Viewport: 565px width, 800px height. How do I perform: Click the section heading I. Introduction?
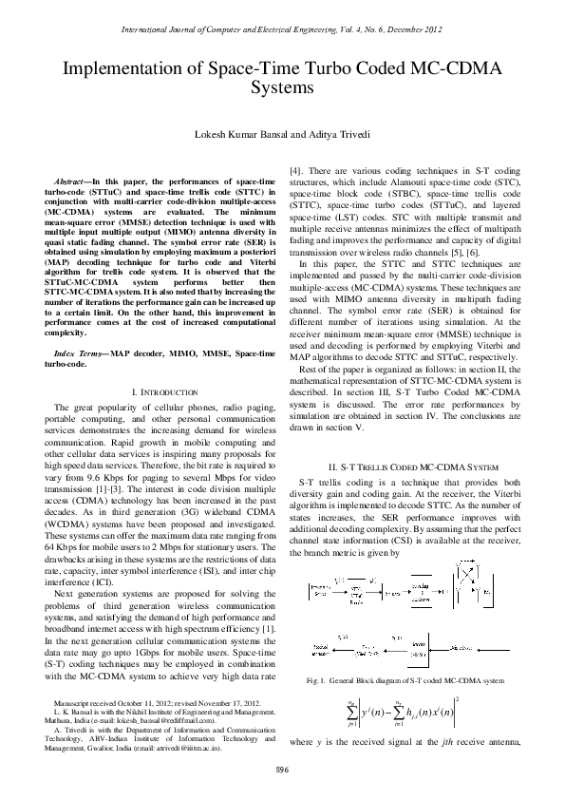point(158,365)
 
